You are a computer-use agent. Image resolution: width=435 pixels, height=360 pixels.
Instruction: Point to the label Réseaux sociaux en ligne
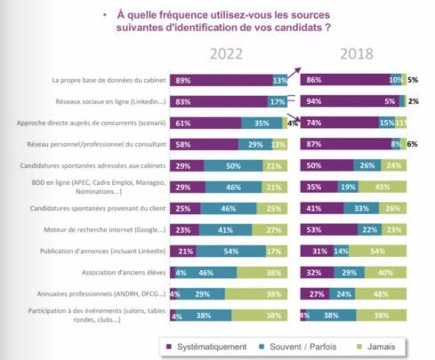[111, 100]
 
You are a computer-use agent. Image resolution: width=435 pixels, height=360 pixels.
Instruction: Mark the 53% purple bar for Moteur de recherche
[327, 228]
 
